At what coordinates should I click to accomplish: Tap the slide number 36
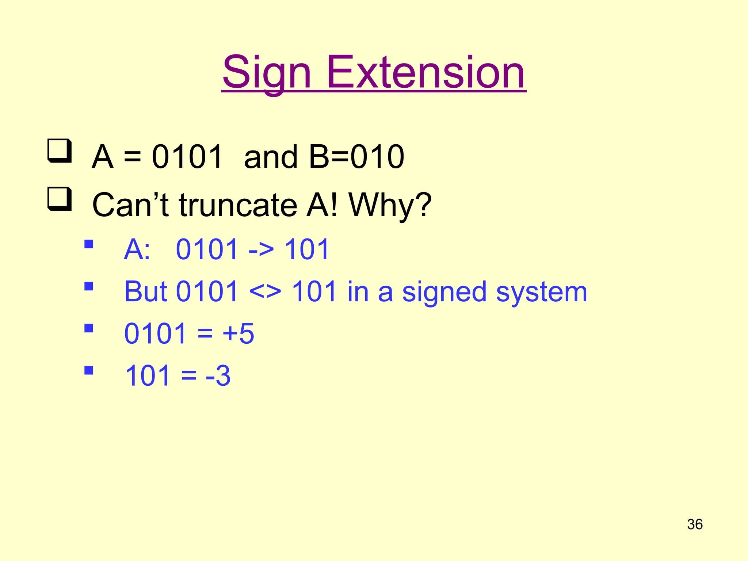(695, 524)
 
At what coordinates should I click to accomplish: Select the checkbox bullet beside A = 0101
(59, 150)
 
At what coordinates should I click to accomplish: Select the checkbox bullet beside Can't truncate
(59, 199)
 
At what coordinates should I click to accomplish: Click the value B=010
(356, 157)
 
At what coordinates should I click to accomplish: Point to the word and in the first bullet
(271, 157)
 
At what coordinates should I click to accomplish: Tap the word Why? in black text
(390, 205)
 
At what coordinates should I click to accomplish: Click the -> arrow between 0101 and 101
(261, 250)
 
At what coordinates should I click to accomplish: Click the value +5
(238, 334)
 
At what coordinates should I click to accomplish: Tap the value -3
(218, 376)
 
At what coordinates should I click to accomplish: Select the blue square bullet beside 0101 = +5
(89, 328)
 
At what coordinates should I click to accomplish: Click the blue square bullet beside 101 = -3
(89, 371)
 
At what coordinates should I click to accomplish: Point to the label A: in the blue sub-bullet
(137, 250)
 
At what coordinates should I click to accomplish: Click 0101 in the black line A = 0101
(187, 157)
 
